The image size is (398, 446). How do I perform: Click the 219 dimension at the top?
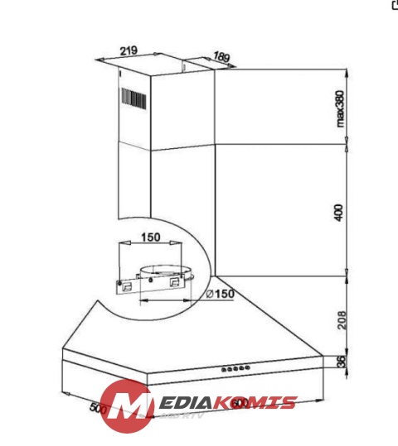pyautogui.click(x=128, y=50)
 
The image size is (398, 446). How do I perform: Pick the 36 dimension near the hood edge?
pyautogui.click(x=339, y=362)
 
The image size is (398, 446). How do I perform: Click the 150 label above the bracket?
pyautogui.click(x=150, y=237)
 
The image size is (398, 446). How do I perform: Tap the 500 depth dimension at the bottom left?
pyautogui.click(x=99, y=409)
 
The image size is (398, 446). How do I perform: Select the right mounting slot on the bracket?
pyautogui.click(x=175, y=282)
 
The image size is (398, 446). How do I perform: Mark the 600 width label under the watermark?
pyautogui.click(x=240, y=403)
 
